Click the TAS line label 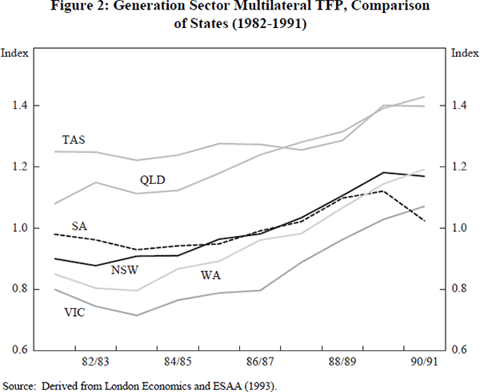74,140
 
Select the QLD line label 152,179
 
